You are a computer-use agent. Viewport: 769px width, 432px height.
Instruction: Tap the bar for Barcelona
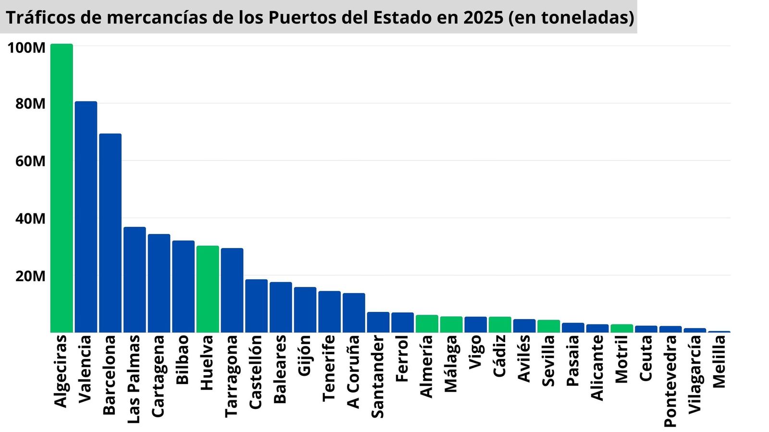coord(110,233)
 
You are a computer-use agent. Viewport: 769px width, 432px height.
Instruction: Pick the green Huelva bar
coord(208,289)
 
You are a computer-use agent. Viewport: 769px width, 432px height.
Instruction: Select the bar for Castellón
coord(256,306)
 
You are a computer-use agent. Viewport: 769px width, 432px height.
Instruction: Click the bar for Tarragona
coord(232,290)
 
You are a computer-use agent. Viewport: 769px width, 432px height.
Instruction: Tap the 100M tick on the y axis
coord(26,48)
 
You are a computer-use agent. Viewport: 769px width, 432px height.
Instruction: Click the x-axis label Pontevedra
coord(670,381)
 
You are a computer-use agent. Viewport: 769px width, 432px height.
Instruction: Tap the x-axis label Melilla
coord(719,361)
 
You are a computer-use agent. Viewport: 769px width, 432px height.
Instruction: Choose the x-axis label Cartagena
coord(158,376)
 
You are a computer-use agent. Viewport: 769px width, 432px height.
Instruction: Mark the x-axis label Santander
coord(378,376)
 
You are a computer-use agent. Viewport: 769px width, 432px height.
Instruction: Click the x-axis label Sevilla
coord(548,361)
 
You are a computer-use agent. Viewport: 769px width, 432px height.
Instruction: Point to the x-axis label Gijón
coord(305,355)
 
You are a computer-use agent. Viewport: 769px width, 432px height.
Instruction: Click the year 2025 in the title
coord(483,17)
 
